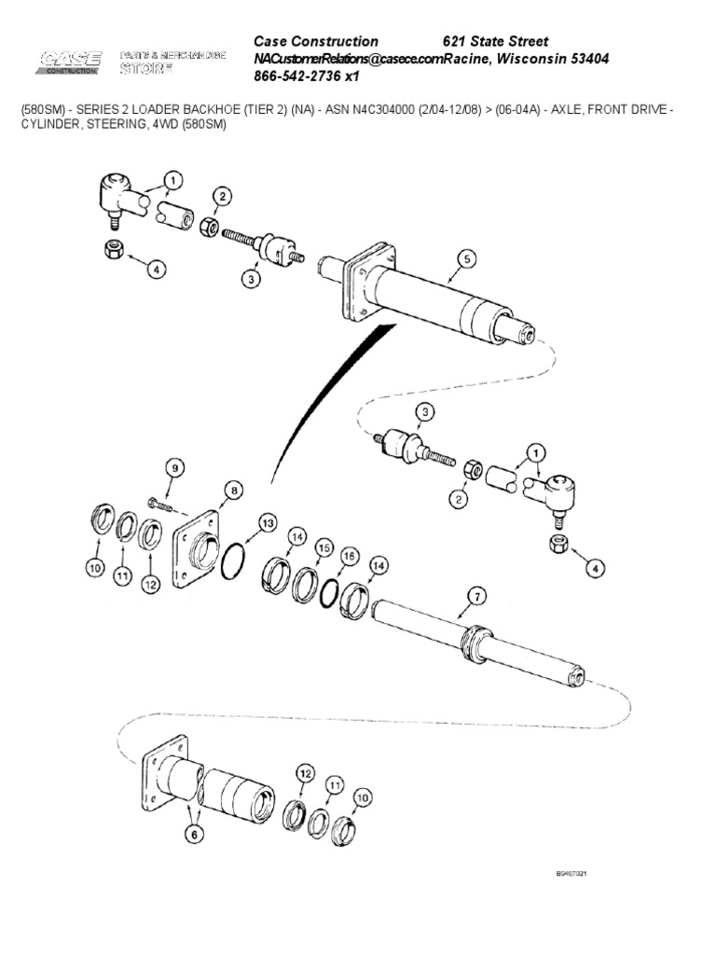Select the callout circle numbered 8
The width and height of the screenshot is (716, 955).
(x=233, y=489)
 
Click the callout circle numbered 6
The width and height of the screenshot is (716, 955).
(x=193, y=837)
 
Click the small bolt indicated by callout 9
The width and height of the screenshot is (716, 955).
(x=160, y=505)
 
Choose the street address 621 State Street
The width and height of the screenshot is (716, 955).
(x=494, y=41)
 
